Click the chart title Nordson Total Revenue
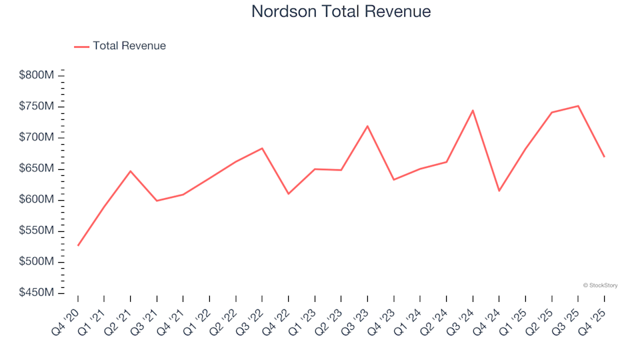(341, 11)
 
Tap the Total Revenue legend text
(129, 46)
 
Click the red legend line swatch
(81, 46)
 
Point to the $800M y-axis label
(37, 75)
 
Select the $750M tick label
(37, 107)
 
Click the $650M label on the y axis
(37, 169)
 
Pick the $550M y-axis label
(37, 231)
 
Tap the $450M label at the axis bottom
(37, 293)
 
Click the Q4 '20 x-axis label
(67, 317)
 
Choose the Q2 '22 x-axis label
(225, 317)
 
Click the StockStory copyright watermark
(600, 285)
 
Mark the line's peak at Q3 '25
(578, 106)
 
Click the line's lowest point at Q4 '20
(78, 245)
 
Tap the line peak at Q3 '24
(473, 111)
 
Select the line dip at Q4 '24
(499, 191)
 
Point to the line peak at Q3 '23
(367, 126)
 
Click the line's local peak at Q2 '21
(131, 171)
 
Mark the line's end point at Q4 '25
(604, 157)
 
